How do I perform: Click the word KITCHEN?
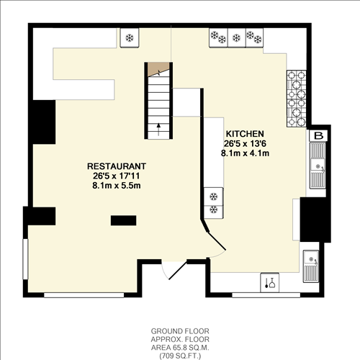pyautogui.click(x=246, y=135)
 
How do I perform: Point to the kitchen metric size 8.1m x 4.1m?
pyautogui.click(x=246, y=153)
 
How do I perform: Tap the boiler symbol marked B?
pyautogui.click(x=318, y=135)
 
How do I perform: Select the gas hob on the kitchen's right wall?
pyautogui.click(x=297, y=96)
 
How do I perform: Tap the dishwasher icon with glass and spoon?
pyautogui.click(x=271, y=282)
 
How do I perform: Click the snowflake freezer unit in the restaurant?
pyautogui.click(x=130, y=37)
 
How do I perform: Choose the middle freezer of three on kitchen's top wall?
pyautogui.click(x=236, y=37)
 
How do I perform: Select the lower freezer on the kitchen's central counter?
pyautogui.click(x=214, y=210)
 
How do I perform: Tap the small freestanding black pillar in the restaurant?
pyautogui.click(x=122, y=220)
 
